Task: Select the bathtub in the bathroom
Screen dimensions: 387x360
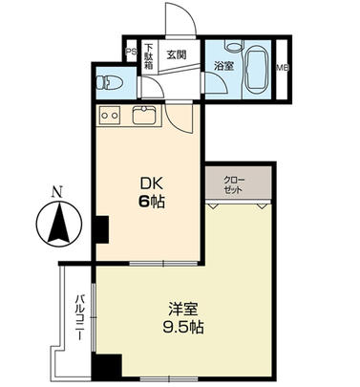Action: (255, 68)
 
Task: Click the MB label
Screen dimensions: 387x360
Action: (283, 68)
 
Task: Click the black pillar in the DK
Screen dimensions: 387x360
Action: (100, 229)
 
